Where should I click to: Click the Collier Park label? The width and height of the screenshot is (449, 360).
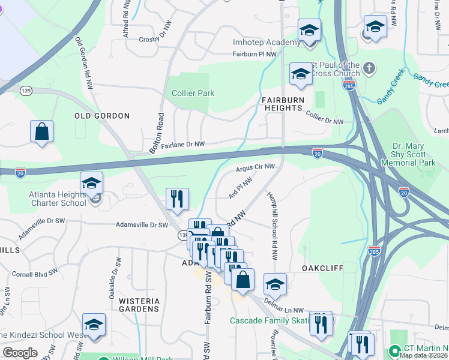[x=193, y=93]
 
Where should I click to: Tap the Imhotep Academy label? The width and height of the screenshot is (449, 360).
[x=267, y=43]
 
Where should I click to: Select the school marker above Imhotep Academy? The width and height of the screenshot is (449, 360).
[x=309, y=30]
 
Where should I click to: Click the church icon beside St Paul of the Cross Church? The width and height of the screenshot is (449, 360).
[x=369, y=68]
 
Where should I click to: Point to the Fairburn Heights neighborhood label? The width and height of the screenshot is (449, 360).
[x=282, y=103]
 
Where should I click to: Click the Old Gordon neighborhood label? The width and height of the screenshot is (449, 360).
[x=102, y=115]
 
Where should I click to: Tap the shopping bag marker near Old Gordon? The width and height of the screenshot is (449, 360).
[x=41, y=131]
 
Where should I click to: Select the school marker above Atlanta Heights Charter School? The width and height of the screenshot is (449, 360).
[x=91, y=183]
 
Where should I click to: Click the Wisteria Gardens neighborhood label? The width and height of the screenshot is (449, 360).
[x=131, y=305]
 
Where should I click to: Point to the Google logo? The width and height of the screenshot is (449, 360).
[x=20, y=352]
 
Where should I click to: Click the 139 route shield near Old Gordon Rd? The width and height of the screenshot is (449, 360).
[x=26, y=90]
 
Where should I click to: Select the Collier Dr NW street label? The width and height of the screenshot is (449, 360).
[x=324, y=118]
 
